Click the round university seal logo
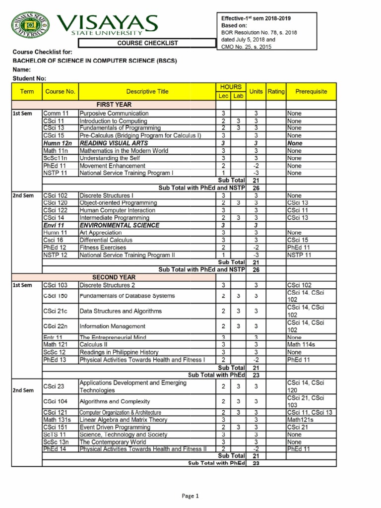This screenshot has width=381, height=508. point(31,25)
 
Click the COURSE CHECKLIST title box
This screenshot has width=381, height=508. point(147,43)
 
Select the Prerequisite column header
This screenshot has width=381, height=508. point(311,91)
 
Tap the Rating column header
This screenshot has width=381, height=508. point(276,91)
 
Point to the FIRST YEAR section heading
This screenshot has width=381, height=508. point(114,105)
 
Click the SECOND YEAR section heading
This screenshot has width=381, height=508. point(114,277)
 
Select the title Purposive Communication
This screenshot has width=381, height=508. point(114,114)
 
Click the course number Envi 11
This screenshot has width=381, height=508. point(54,225)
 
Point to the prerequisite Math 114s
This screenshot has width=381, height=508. point(301,344)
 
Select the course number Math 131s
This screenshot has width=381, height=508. point(57,420)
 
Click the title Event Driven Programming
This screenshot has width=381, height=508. point(115,427)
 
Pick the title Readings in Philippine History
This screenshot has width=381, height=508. point(119,352)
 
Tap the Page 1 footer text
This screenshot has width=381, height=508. point(190,496)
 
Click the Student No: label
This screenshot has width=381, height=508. point(29,78)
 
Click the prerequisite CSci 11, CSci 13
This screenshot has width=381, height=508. point(310,412)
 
